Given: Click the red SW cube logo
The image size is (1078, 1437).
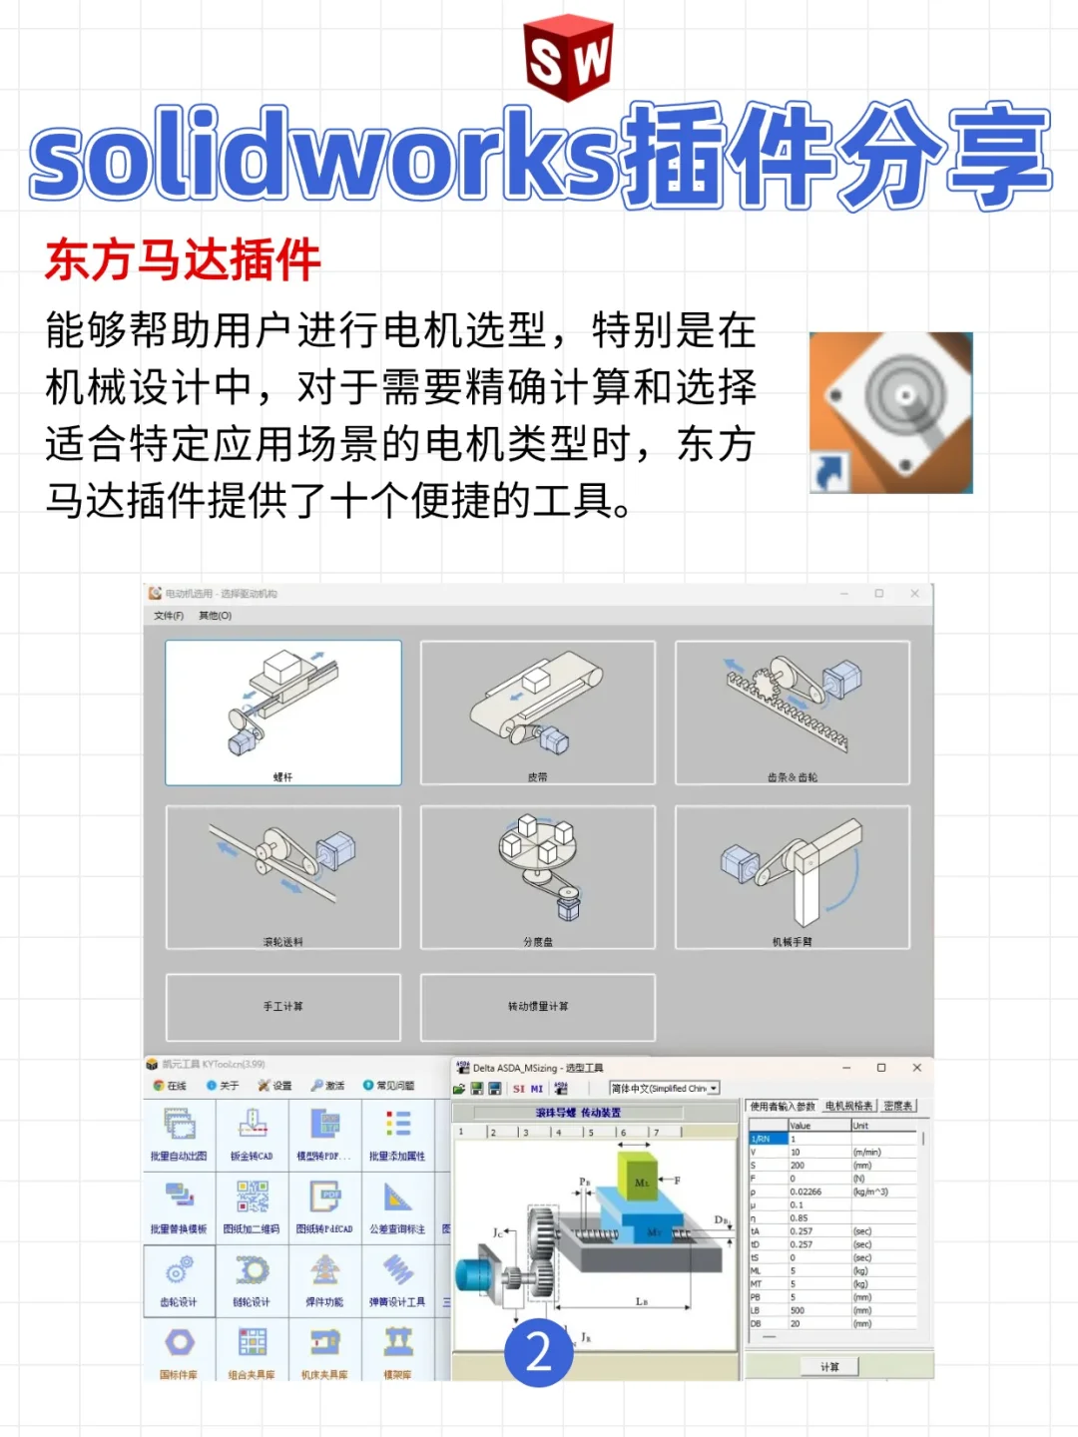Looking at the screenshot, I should point(567,58).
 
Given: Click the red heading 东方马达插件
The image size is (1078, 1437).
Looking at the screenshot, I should point(183,260).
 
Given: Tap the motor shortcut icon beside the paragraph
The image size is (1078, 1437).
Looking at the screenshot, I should point(890,412).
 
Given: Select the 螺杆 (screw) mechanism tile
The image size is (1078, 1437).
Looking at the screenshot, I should point(283,713).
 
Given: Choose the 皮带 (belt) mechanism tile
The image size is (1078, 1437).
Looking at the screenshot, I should point(538,713).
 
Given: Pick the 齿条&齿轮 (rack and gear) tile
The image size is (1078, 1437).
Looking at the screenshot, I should point(793,713).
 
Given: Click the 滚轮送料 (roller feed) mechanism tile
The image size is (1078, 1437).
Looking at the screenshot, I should point(283,876).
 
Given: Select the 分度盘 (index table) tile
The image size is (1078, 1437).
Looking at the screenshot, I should point(538,876).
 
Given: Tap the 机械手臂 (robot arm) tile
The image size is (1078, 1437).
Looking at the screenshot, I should point(793,876).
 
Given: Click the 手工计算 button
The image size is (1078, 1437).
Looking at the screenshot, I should point(283,1006).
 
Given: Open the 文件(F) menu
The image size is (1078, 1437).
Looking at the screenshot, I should point(169,616).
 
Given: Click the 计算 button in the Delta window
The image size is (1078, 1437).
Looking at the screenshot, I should point(829,1366).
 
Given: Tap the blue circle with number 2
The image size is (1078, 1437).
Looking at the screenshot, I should point(539,1352).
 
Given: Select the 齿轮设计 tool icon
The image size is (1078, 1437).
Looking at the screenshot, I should point(179,1277).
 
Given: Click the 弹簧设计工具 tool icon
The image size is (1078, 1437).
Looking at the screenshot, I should point(397,1277).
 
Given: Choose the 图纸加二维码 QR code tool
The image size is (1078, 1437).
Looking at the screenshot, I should point(252,1204).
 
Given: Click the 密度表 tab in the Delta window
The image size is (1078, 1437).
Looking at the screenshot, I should point(897,1106).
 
